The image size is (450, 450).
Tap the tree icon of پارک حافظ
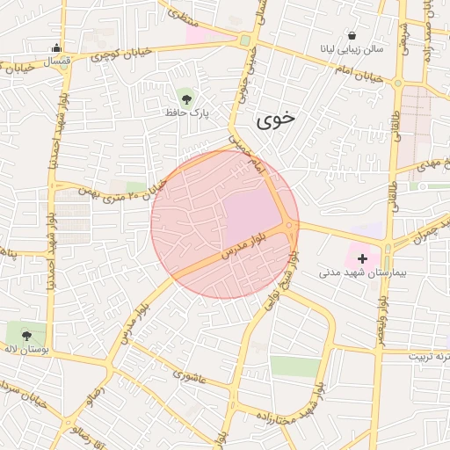185,95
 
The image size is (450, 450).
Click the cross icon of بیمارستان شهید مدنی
362,258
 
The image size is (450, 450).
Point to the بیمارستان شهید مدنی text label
362,274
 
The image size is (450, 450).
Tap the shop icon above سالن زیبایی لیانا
352,36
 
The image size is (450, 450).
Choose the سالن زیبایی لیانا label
352,51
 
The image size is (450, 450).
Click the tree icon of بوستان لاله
26,335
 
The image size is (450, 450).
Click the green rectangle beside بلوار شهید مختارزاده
294,367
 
